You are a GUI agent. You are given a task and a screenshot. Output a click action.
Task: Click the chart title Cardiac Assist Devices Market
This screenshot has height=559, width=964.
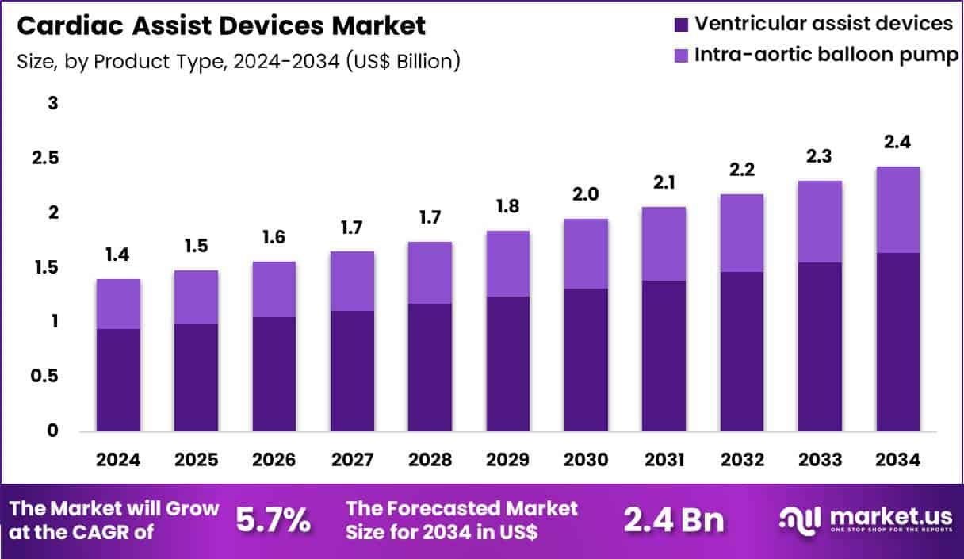coord(221,25)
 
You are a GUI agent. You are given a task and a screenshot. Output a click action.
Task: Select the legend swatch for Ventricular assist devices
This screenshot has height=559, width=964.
coord(682,25)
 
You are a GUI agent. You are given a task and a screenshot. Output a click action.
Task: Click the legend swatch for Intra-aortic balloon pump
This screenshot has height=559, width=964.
coord(682,56)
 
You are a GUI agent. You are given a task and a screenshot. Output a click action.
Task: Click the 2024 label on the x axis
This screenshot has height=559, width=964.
coord(118,461)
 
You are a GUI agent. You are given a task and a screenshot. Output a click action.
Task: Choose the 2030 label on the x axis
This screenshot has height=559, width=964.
coord(586,461)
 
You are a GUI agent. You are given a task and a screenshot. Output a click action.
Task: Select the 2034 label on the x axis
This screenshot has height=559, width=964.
coord(897,461)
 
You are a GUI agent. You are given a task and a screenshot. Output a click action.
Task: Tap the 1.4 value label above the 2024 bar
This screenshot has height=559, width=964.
coord(118,255)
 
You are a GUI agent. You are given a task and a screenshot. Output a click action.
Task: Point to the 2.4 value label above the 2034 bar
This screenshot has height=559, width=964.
coord(897,144)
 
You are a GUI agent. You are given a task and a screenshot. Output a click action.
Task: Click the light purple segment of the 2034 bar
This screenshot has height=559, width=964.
coord(897,210)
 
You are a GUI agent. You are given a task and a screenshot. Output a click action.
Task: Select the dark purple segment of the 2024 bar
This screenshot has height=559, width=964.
coord(118,381)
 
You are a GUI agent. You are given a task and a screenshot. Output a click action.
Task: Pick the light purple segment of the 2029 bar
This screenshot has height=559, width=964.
coord(507,264)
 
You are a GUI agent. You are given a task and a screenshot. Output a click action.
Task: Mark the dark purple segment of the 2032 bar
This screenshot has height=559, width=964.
coord(742,352)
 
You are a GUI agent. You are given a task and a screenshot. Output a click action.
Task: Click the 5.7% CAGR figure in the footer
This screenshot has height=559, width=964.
coord(274,520)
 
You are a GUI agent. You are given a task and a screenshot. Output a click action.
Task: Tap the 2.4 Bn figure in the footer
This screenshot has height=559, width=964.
coord(673,520)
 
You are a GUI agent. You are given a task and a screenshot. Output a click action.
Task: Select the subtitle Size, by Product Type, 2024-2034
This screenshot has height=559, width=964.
coord(239,61)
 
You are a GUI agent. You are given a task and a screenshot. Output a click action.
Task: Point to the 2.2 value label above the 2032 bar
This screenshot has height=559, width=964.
coord(742,170)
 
